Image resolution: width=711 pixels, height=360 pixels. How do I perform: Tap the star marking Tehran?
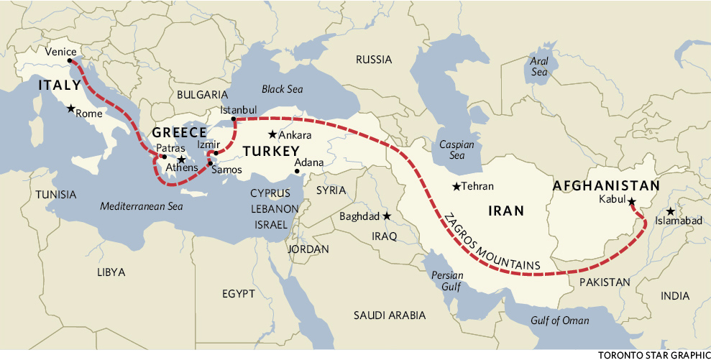tap(456, 187)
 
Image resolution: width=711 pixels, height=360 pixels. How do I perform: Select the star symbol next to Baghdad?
tap(387, 216)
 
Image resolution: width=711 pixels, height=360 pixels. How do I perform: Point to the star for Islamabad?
tap(670, 211)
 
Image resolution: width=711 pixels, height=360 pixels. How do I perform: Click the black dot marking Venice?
tap(70, 61)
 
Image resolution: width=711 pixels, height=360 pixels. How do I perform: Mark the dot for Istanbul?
tap(234, 119)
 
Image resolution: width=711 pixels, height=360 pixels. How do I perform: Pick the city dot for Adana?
tap(297, 171)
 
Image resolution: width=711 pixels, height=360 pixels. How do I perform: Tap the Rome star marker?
tap(70, 109)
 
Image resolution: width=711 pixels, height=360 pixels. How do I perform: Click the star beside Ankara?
tap(272, 134)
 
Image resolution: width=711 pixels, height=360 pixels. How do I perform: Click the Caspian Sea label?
tap(457, 149)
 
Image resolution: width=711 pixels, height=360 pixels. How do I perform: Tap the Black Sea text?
tap(283, 89)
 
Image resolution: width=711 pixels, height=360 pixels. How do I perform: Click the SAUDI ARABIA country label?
tap(390, 315)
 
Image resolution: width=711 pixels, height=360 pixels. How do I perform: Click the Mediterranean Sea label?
tap(142, 206)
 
